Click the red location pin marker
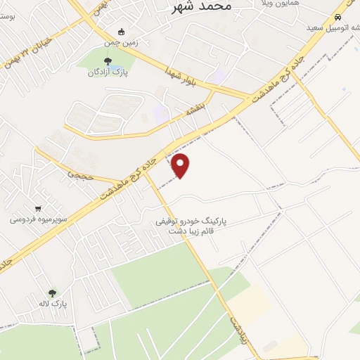[x=181, y=165]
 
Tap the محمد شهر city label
[x=201, y=7]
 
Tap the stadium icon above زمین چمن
[x=121, y=31]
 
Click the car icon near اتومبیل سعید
[x=339, y=17]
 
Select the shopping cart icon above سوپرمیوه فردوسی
[x=37, y=208]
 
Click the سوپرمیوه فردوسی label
[x=38, y=219]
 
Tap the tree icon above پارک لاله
[x=52, y=292]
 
